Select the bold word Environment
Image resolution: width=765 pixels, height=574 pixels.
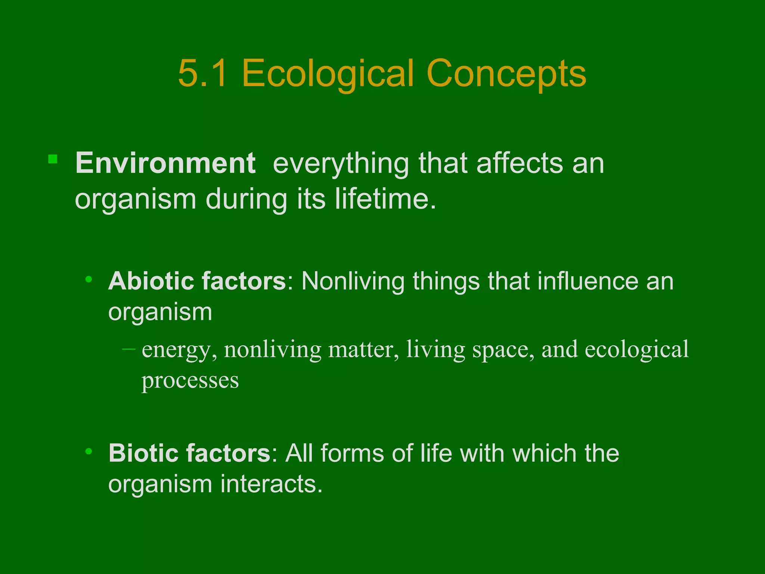coord(165,163)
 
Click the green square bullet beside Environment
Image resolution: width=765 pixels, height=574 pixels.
coord(53,160)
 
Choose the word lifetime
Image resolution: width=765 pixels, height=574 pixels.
coord(385,199)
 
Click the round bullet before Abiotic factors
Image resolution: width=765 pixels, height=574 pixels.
coord(89,279)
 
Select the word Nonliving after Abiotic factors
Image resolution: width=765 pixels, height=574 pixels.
coord(353,281)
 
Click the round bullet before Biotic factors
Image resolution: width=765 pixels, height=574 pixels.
coord(89,451)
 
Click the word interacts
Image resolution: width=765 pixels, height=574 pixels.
coord(271,484)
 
